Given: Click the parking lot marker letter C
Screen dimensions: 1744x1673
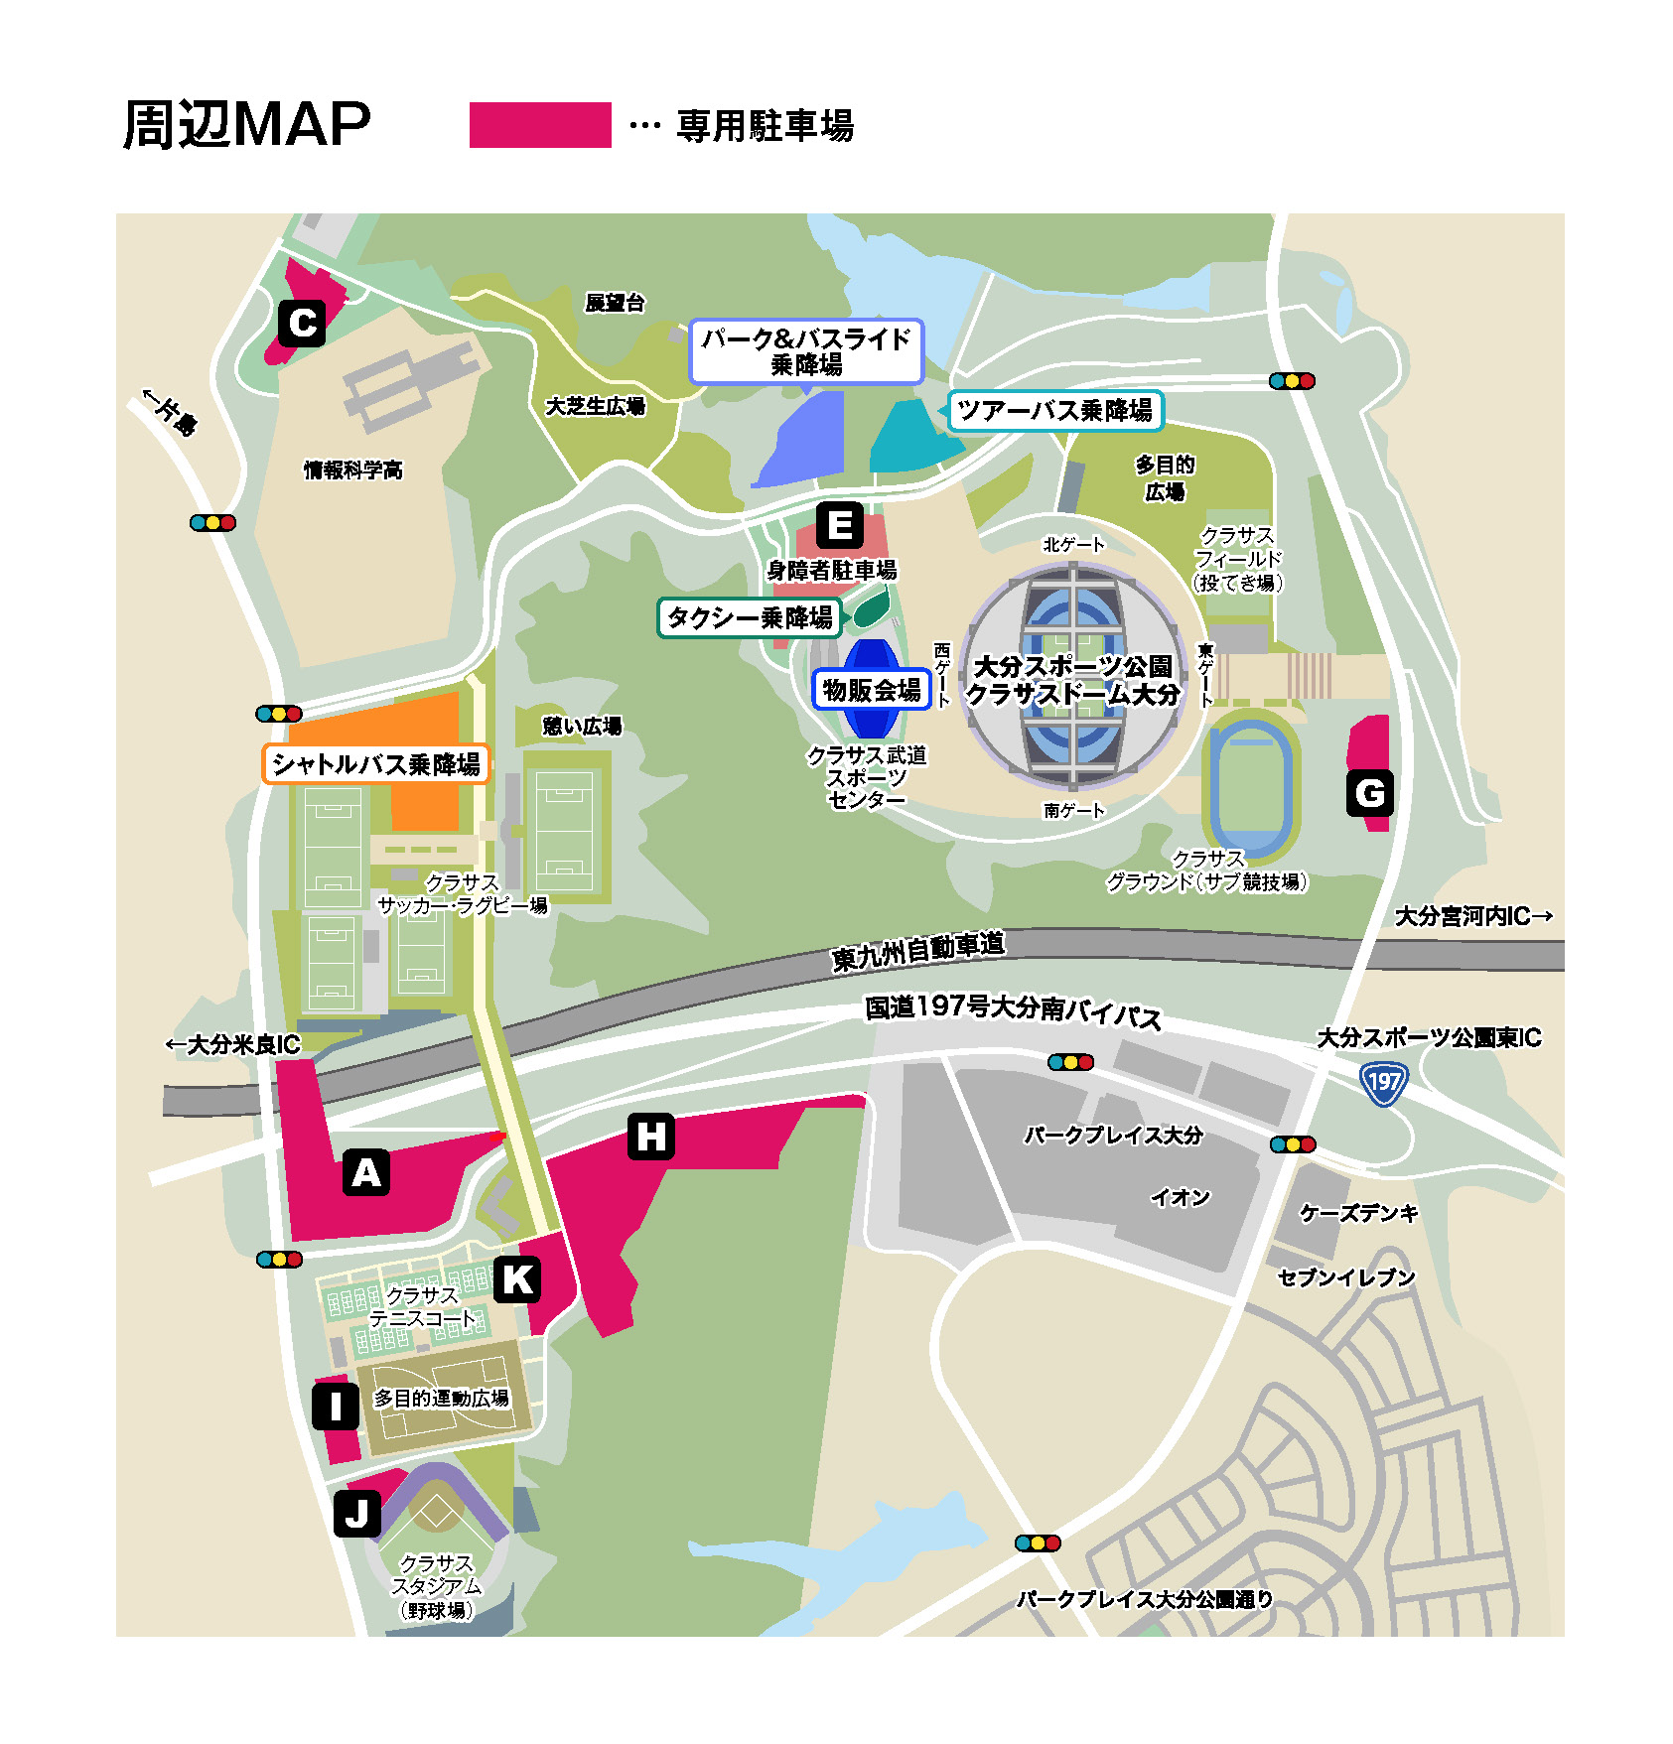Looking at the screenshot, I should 302,323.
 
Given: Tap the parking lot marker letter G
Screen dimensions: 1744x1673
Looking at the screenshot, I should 1369,793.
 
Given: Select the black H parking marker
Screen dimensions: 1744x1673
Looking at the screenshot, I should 650,1136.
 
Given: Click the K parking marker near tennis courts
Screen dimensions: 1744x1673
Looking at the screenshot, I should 517,1279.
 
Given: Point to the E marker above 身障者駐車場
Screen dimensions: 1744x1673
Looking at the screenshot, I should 839,525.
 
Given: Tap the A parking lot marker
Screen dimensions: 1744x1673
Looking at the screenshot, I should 365,1172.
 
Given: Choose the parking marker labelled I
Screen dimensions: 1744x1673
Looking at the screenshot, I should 336,1406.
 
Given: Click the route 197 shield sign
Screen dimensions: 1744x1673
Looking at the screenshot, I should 1382,1083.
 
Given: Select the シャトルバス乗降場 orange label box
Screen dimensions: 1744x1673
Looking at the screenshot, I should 375,764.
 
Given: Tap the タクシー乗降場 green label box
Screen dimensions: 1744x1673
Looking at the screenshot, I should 750,617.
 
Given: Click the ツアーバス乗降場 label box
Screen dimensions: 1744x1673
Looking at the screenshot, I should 1054,410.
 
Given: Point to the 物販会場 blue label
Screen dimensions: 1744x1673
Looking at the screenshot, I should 871,690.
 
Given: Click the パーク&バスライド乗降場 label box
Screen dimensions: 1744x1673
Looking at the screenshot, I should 805,351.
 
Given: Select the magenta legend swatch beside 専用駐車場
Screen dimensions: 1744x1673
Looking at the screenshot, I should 540,125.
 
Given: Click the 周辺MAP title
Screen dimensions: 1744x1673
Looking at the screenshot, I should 246,125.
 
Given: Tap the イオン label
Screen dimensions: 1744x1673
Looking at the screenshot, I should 1180,1197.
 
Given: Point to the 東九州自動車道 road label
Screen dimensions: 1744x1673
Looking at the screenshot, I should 917,951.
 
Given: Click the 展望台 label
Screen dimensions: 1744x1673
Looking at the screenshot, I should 615,303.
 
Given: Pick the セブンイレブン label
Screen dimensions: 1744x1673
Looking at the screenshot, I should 1345,1277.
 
